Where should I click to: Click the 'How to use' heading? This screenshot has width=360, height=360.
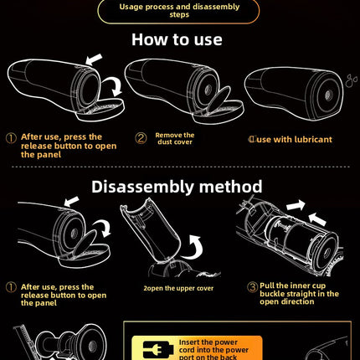pos(177,39)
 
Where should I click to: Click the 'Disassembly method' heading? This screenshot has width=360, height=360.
pos(177,187)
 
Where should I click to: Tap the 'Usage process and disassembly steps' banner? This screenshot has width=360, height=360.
pos(179,11)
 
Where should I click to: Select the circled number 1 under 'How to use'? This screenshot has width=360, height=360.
pos(11,138)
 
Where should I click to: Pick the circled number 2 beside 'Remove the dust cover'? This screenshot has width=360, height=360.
pos(141,138)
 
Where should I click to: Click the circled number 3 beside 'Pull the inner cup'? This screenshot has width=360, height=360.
pos(253,287)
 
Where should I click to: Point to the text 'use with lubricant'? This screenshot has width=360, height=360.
pos(295,140)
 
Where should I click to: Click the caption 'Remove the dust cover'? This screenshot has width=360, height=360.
pos(175,138)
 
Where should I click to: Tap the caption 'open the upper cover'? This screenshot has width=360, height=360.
pos(181,288)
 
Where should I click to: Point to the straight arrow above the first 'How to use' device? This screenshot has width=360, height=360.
pos(94,59)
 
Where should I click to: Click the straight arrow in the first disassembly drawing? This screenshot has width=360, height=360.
pos(72,202)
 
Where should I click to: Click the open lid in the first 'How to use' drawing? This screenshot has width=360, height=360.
pos(100,110)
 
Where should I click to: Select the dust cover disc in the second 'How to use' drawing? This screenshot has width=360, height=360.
pos(219,100)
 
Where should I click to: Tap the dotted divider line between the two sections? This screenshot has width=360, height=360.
pos(180,167)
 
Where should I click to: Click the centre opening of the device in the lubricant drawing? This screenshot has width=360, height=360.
pos(328,95)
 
